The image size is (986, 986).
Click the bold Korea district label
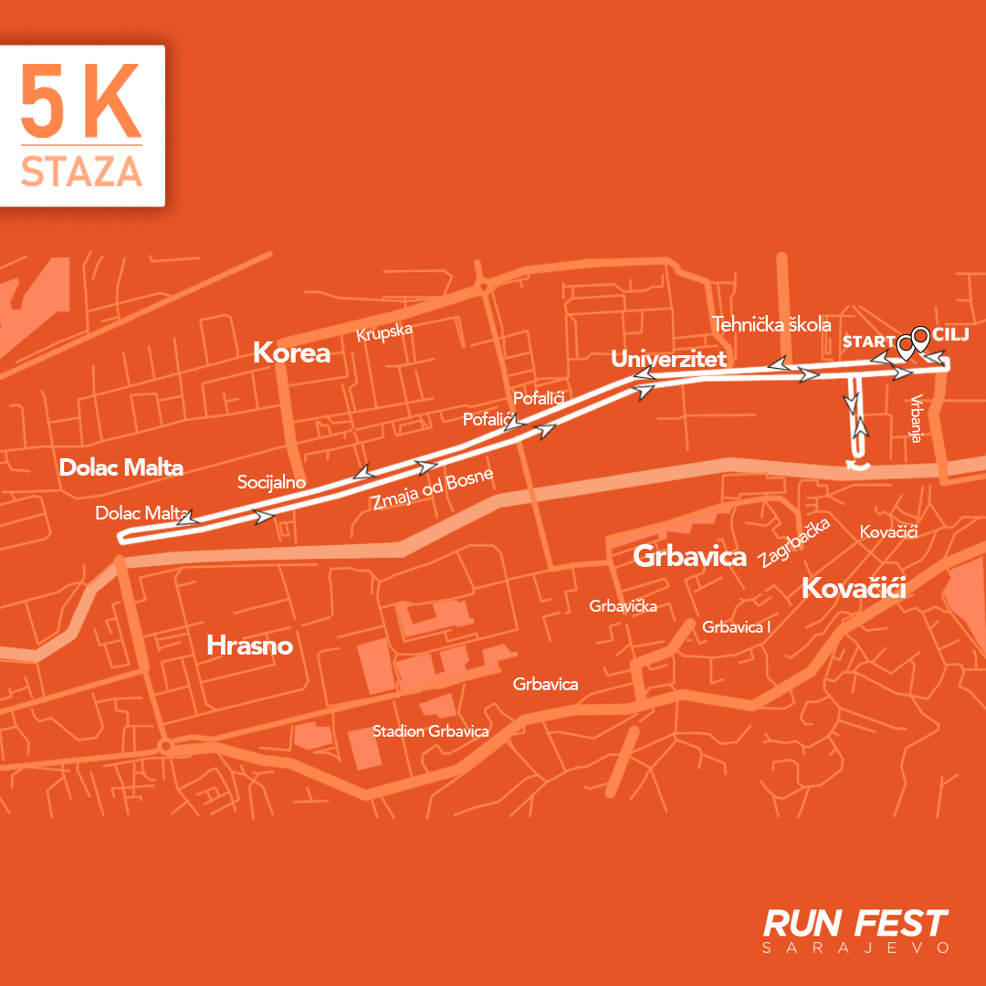[291, 352]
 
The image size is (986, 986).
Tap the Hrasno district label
[249, 645]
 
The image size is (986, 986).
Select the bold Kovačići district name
[853, 589]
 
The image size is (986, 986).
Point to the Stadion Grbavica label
[430, 731]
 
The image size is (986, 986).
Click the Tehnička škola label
[771, 324]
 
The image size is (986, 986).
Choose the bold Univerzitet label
[668, 359]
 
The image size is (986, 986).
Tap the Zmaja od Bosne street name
[432, 489]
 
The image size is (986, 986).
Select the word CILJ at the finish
[951, 335]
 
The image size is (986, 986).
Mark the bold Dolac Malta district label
[121, 468]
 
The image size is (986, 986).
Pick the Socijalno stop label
[271, 482]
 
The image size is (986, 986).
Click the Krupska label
[384, 331]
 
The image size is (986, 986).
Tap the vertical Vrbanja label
[916, 419]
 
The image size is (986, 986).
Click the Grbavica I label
[737, 627]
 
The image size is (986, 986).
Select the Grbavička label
[623, 605]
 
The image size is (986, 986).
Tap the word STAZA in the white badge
[81, 172]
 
